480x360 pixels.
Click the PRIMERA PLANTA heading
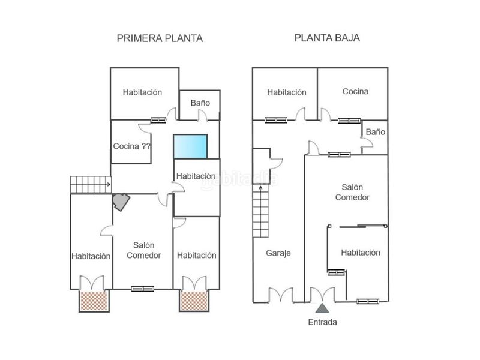[x=160, y=38]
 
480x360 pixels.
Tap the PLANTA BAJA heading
[x=327, y=38]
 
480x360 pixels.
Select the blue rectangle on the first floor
[x=190, y=146]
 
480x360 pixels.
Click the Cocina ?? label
[x=132, y=146]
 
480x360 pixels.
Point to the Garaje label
[x=278, y=253]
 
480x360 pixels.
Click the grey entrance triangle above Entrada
[x=322, y=308]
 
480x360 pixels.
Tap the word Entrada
[x=322, y=322]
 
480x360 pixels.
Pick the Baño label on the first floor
[x=200, y=103]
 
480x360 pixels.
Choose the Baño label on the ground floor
[x=376, y=132]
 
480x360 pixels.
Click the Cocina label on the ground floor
[x=355, y=91]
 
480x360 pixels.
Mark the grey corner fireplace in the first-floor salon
[x=121, y=202]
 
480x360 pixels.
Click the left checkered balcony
[x=94, y=301]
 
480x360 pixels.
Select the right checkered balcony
[x=194, y=301]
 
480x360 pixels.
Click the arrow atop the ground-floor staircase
[x=260, y=188]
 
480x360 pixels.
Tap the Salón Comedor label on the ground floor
[x=352, y=192]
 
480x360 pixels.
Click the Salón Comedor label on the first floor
[x=143, y=250]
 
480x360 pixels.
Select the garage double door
[x=281, y=295]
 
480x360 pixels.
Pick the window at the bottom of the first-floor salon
[x=143, y=289]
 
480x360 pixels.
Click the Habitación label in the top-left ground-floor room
[x=287, y=92]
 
